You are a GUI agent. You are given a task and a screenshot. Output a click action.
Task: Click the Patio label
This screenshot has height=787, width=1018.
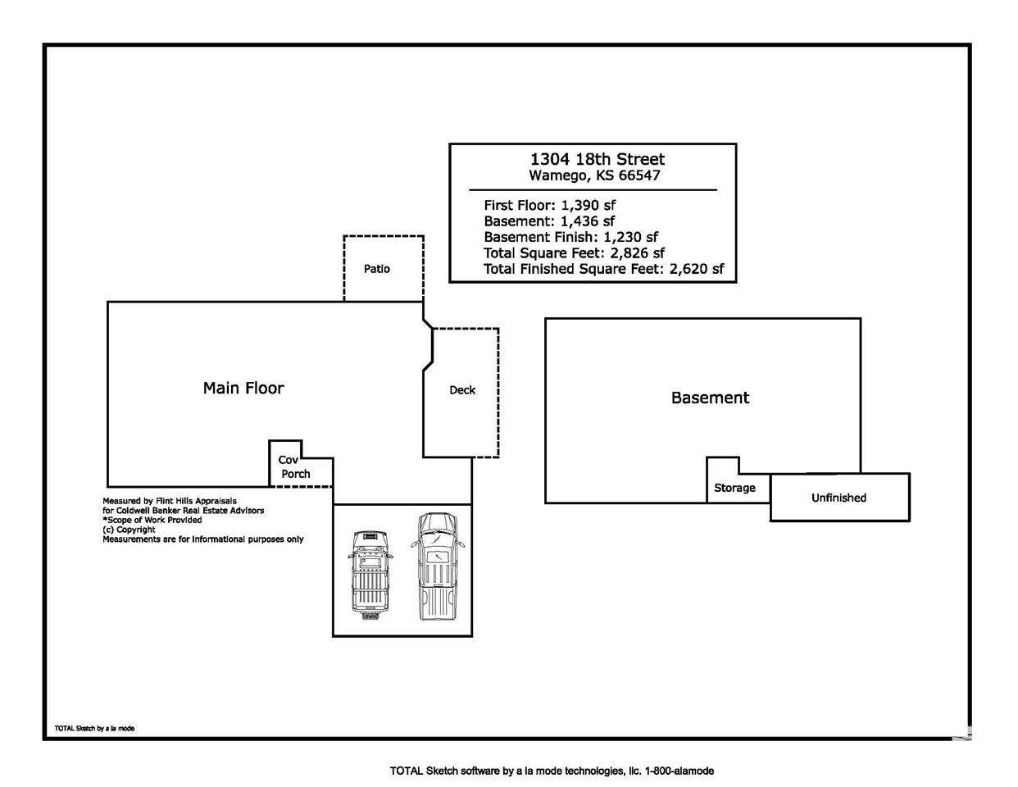(377, 269)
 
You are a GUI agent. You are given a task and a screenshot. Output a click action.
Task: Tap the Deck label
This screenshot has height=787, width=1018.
(462, 390)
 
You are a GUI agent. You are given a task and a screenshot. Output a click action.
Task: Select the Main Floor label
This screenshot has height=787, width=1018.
(243, 388)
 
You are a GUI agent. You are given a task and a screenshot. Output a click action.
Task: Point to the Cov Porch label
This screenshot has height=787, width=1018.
(295, 467)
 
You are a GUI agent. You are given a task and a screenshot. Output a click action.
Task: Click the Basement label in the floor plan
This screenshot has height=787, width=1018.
(710, 398)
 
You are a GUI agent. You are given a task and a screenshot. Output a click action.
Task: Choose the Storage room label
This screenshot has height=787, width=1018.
(734, 488)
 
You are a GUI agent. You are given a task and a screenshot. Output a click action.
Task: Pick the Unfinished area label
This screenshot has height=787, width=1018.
(838, 498)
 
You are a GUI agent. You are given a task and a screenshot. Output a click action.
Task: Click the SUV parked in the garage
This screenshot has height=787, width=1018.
(370, 575)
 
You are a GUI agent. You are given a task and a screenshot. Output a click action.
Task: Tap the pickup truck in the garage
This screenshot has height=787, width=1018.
(438, 566)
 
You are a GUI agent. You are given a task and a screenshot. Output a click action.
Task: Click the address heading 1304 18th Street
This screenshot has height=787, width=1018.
(597, 159)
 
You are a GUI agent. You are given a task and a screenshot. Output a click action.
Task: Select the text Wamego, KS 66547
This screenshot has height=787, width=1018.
(594, 175)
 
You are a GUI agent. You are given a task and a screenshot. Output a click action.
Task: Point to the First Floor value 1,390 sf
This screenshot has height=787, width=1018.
(589, 205)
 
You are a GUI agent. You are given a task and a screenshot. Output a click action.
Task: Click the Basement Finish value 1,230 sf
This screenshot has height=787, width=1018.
(630, 237)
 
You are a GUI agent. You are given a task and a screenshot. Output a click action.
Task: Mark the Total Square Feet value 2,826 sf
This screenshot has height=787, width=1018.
(637, 253)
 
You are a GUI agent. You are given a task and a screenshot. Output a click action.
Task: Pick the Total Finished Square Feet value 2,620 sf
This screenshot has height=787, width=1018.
(697, 269)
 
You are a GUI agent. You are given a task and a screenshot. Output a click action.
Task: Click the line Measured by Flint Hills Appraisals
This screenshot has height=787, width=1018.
(170, 501)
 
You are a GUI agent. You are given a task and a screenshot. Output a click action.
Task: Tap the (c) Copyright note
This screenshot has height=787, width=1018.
(129, 530)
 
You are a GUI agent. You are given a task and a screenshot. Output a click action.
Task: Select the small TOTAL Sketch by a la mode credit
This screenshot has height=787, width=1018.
(94, 729)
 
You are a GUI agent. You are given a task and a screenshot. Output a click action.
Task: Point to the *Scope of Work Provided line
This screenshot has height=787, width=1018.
(152, 520)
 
